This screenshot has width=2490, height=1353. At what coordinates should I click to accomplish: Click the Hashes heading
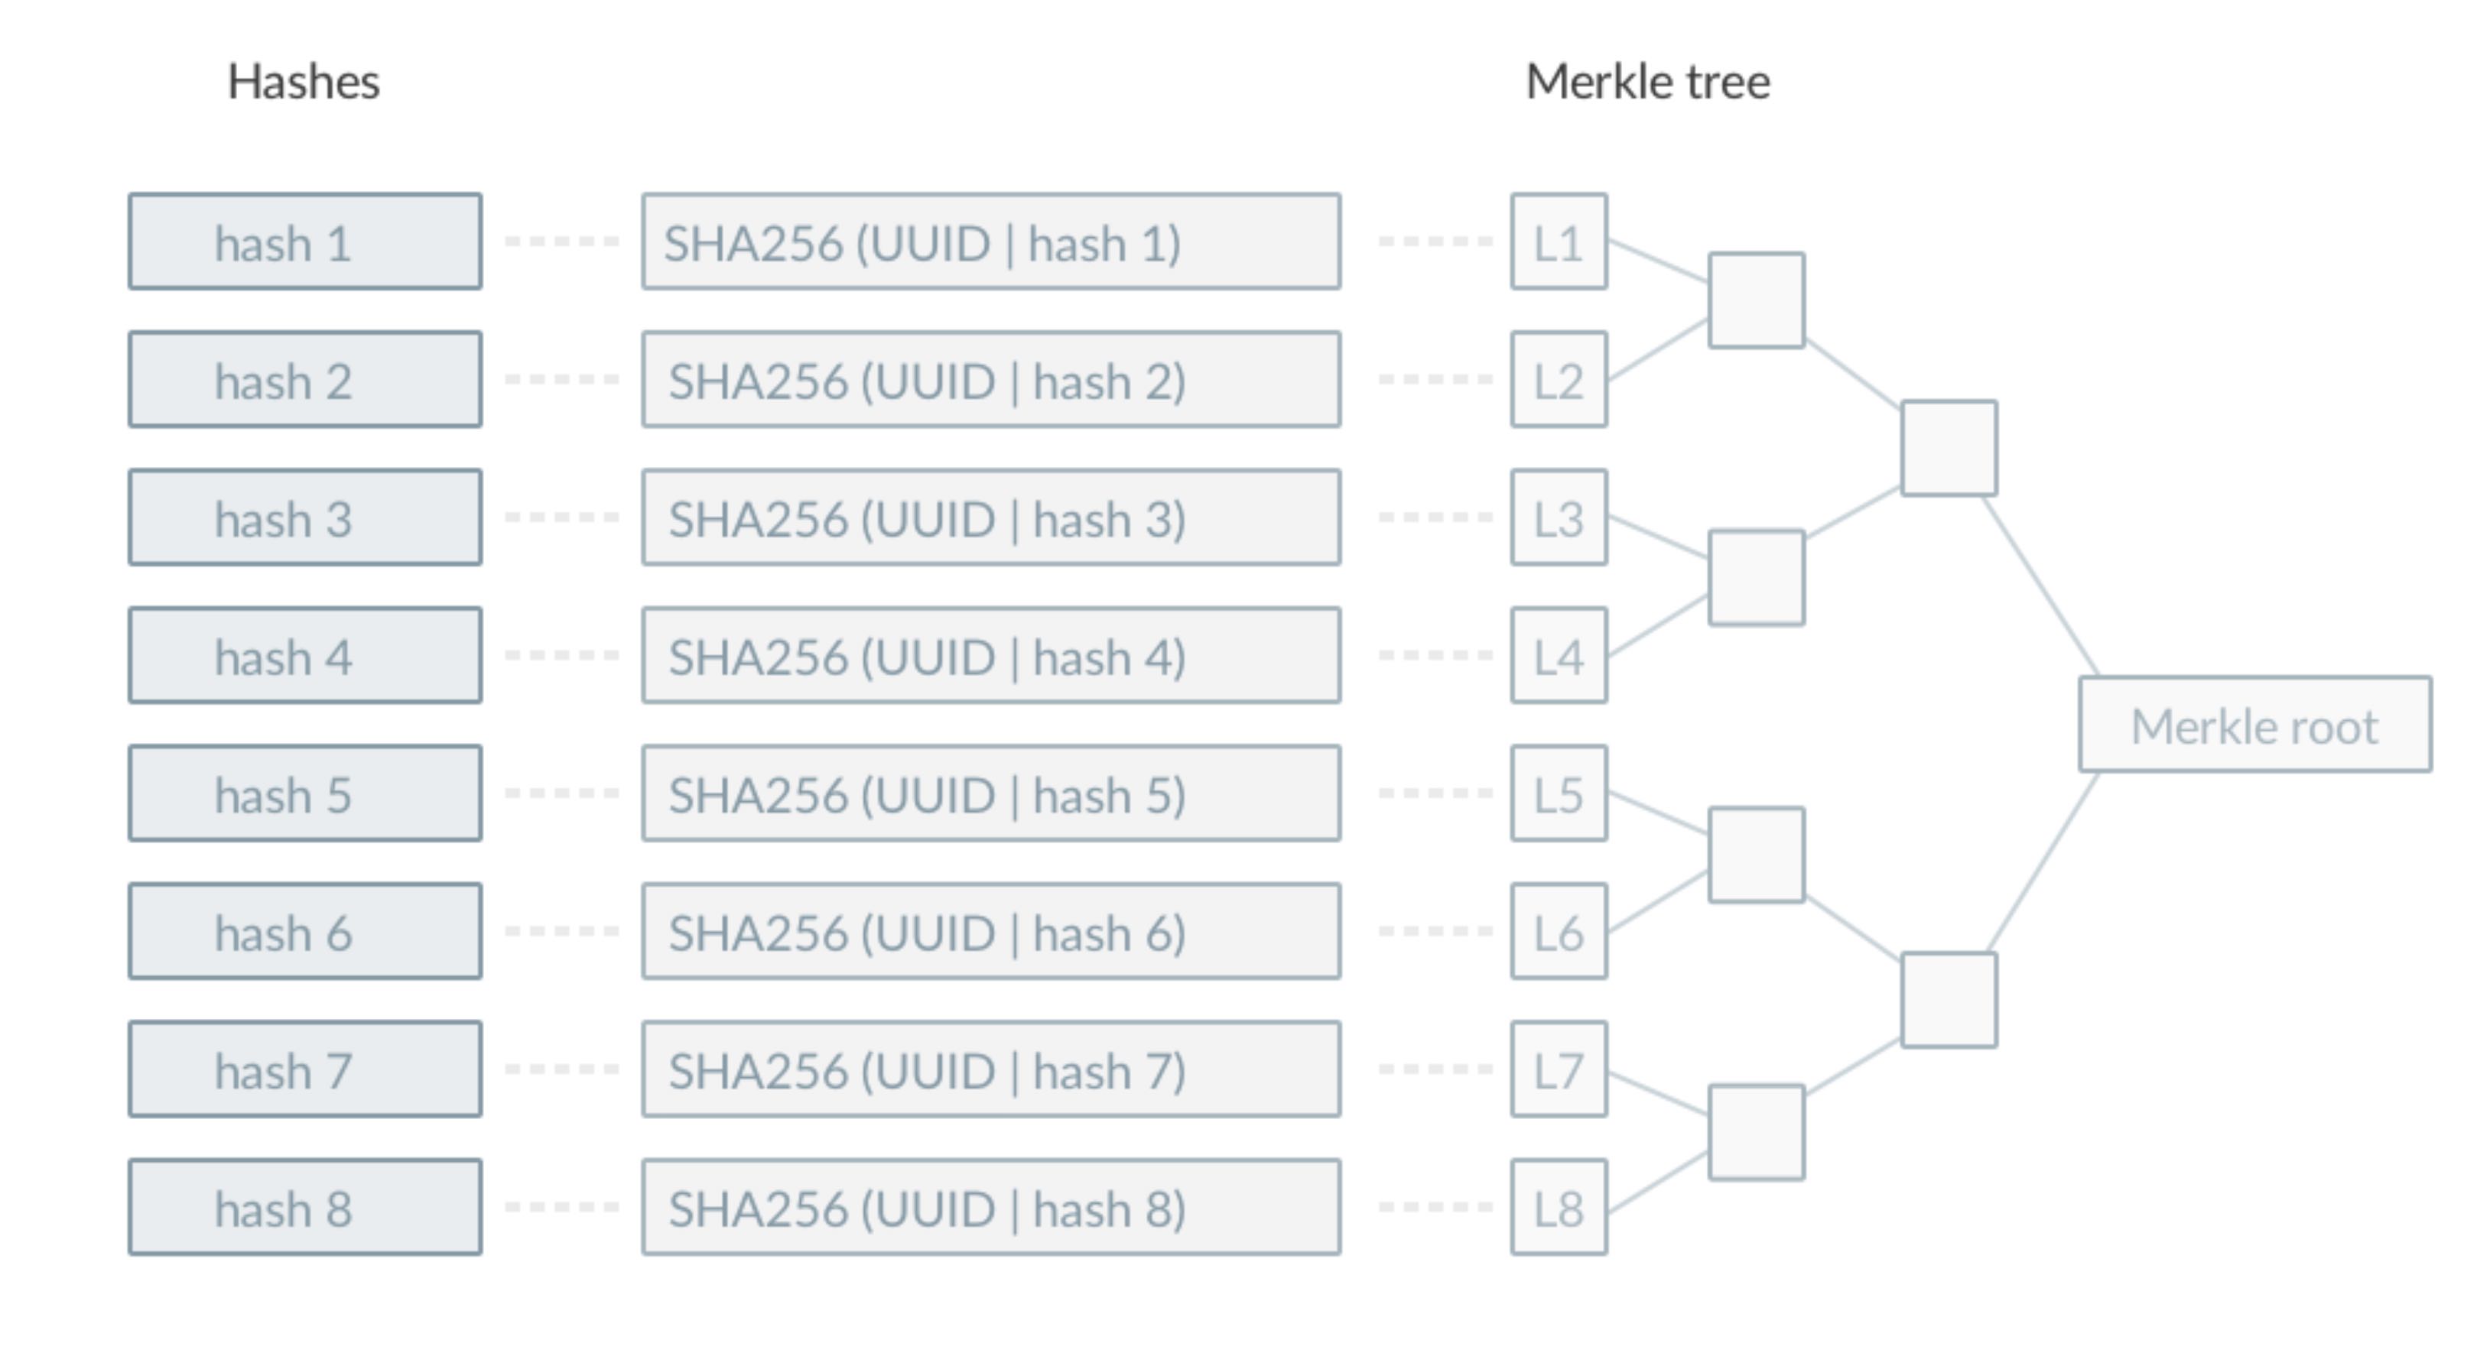304,82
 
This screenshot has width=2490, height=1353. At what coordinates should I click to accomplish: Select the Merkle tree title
1647,82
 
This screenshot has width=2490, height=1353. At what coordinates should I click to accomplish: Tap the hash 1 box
305,242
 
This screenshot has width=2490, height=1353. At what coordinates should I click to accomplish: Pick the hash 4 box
305,655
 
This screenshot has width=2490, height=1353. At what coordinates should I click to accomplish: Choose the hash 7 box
305,1069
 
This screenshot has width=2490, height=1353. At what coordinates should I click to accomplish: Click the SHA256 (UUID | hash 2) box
991,380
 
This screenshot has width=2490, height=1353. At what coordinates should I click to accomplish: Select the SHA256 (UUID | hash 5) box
991,793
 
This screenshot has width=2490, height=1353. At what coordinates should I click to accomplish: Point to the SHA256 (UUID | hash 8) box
991,1207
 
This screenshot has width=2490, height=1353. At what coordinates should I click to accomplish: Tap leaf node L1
1559,242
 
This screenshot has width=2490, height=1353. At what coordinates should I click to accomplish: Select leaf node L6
1559,932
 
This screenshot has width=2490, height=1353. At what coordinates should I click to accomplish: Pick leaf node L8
1559,1207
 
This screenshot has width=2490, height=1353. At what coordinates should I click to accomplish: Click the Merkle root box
2255,725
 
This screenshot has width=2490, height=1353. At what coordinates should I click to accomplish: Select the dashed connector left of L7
1435,1069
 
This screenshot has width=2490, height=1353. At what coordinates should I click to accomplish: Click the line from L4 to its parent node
1658,626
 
